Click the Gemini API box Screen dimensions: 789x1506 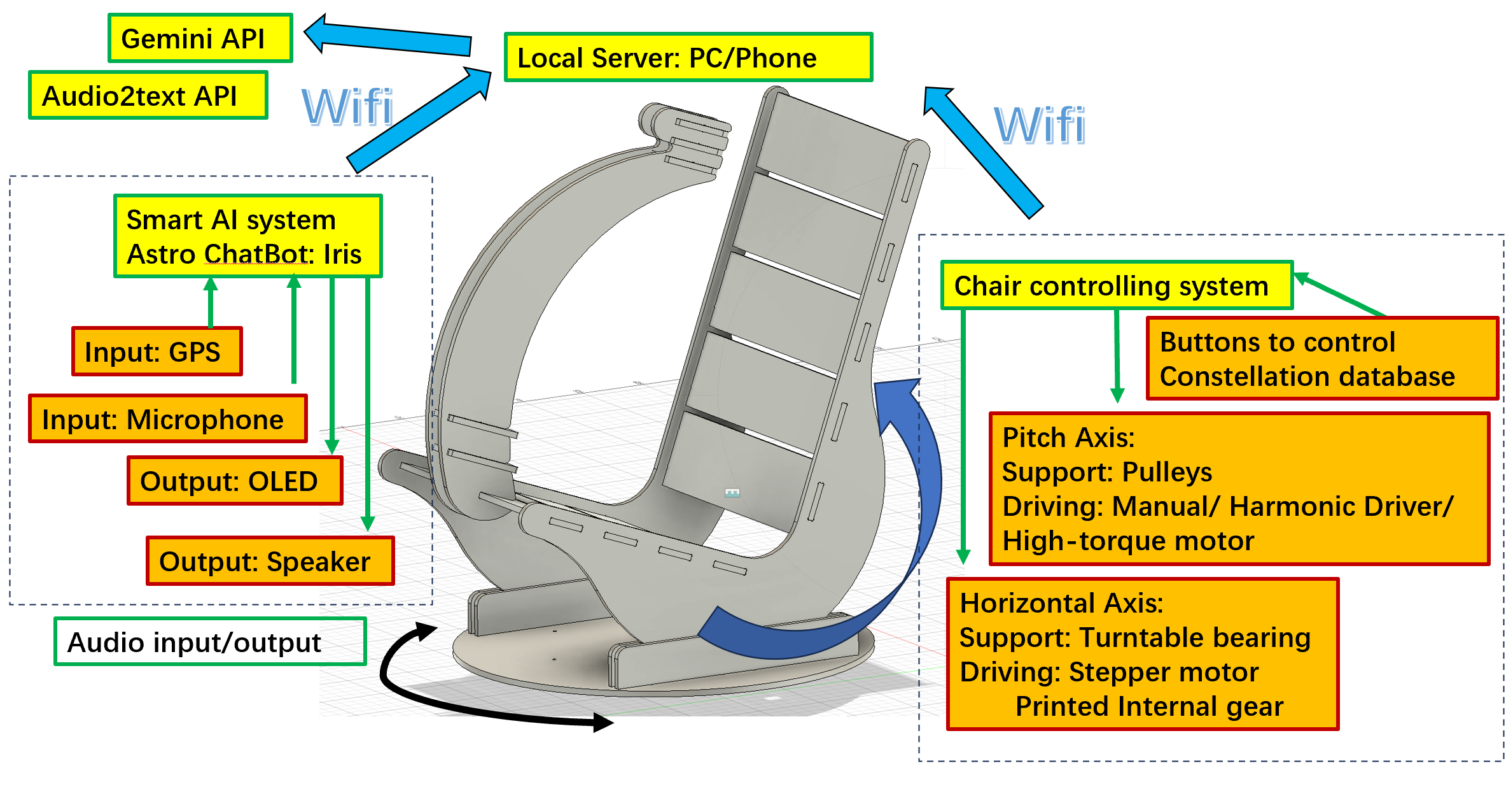click(200, 38)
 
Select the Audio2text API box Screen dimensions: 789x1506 click(148, 96)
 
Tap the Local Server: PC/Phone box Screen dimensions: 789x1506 click(688, 57)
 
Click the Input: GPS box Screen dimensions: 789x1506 click(157, 352)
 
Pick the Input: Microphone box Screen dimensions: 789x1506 click(168, 419)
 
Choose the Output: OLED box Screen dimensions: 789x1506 click(234, 481)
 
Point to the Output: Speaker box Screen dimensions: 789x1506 click(270, 561)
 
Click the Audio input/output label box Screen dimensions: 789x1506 click(210, 642)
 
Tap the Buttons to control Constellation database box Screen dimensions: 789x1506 click(1321, 359)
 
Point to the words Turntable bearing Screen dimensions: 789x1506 click(1195, 637)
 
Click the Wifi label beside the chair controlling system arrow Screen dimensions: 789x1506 click(1040, 125)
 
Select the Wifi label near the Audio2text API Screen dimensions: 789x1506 click(347, 107)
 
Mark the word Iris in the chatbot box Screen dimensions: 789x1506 click(342, 254)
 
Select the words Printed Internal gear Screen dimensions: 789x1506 click(1149, 706)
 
